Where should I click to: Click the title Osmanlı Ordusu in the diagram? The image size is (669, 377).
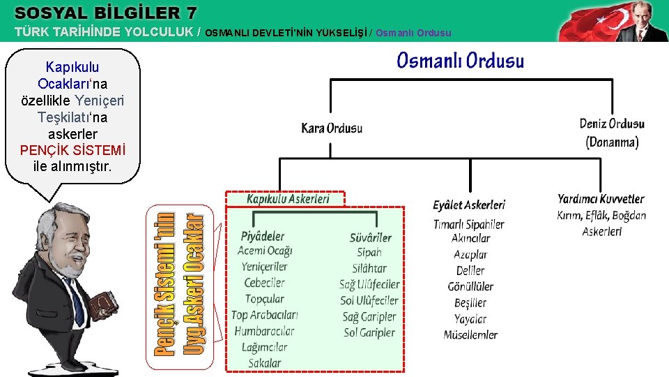[460, 61]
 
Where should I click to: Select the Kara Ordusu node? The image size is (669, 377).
[332, 128]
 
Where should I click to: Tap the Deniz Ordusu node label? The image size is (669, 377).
[612, 124]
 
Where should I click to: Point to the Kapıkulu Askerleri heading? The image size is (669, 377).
[287, 200]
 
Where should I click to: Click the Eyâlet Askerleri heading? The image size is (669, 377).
[468, 205]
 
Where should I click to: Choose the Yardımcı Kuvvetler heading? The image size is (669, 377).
[601, 200]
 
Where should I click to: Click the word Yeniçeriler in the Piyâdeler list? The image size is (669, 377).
[264, 267]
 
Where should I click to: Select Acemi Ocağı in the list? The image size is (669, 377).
[265, 251]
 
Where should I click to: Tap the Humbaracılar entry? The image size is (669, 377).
[264, 331]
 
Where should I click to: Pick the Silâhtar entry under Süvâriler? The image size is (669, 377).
[369, 268]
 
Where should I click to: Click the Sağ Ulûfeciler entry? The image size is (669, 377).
[369, 284]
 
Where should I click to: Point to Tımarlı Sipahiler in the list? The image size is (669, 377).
[468, 224]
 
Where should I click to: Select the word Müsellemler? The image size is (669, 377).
[470, 335]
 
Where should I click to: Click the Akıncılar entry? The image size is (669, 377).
[470, 239]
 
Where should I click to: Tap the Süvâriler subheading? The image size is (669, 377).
[370, 237]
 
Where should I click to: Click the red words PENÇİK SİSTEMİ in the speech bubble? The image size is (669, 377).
[72, 150]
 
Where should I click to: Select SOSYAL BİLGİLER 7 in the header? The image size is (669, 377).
[105, 13]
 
